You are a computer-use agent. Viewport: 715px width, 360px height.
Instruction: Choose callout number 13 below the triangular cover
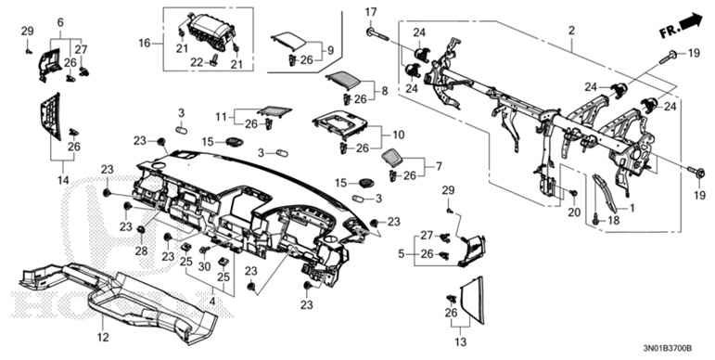60,21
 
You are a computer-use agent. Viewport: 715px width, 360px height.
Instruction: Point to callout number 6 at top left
60,21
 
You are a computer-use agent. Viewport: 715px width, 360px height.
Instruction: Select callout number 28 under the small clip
142,251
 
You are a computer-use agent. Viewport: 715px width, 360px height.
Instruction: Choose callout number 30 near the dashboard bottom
205,264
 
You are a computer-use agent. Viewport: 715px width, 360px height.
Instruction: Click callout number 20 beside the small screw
572,212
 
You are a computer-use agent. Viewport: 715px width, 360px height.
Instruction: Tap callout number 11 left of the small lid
223,116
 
